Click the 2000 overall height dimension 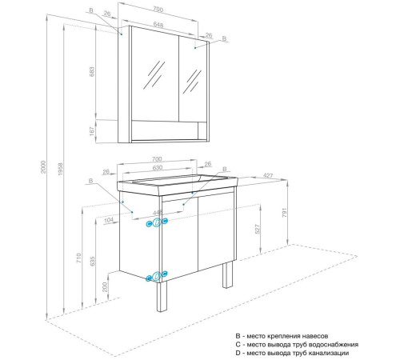coord(43,167)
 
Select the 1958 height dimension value coord(61,170)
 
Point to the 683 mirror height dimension coord(92,72)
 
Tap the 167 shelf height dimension coord(92,131)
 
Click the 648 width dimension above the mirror coord(158,24)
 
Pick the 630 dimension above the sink coord(158,168)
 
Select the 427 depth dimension coord(268,175)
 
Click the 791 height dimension coord(285,213)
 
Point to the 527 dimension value coord(258,229)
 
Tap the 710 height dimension coord(78,258)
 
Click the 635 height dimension coord(92,261)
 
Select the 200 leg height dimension coord(105,287)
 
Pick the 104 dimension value coord(109,220)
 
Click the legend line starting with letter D coord(292,353)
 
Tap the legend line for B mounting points coord(282,336)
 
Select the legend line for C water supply coord(297,345)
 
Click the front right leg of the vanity coord(227,274)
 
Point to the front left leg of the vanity coord(162,297)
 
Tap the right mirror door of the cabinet coord(193,80)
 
